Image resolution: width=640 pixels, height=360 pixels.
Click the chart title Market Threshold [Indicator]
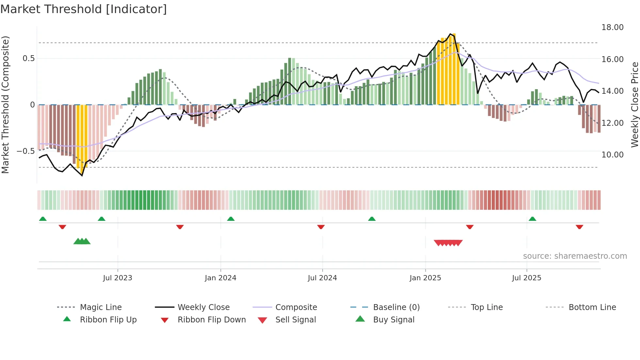coord(84,9)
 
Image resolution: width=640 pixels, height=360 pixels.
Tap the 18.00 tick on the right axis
coord(612,27)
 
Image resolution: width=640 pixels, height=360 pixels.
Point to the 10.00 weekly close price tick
coord(612,155)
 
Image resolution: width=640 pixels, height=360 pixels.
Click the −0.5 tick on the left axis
coord(25,151)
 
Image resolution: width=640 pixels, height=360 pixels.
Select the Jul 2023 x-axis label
coord(118,278)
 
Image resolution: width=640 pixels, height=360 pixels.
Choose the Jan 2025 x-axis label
coord(425,278)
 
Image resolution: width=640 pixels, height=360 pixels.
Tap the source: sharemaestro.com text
coord(575,256)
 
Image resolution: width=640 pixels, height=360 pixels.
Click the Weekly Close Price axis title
coord(634,105)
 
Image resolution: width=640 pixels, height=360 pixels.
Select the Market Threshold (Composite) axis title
coord(5,105)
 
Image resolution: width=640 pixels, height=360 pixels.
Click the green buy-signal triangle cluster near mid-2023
coord(82,241)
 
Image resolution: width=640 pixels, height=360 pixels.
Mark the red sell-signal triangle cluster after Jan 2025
coord(448,243)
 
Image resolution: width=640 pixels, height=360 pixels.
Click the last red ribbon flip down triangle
coord(579,227)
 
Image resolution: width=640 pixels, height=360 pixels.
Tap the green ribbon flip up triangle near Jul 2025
coord(532,219)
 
